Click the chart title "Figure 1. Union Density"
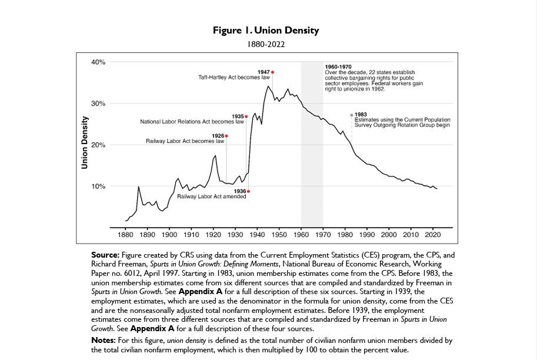pyautogui.click(x=266, y=31)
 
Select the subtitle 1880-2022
pyautogui.click(x=266, y=43)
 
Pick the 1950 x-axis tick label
pyautogui.click(x=279, y=235)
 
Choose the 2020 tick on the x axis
pyautogui.click(x=433, y=235)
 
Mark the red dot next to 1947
pyautogui.click(x=272, y=72)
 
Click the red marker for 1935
pyautogui.click(x=246, y=116)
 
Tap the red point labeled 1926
pyautogui.click(x=226, y=136)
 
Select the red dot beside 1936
pyautogui.click(x=249, y=191)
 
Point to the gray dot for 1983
pyautogui.click(x=352, y=115)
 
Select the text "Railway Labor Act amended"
pyautogui.click(x=211, y=196)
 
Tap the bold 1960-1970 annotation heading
pyautogui.click(x=338, y=67)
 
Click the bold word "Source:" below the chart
pyautogui.click(x=105, y=255)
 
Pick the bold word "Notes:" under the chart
pyautogui.click(x=104, y=341)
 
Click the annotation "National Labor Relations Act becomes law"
pyautogui.click(x=192, y=122)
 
